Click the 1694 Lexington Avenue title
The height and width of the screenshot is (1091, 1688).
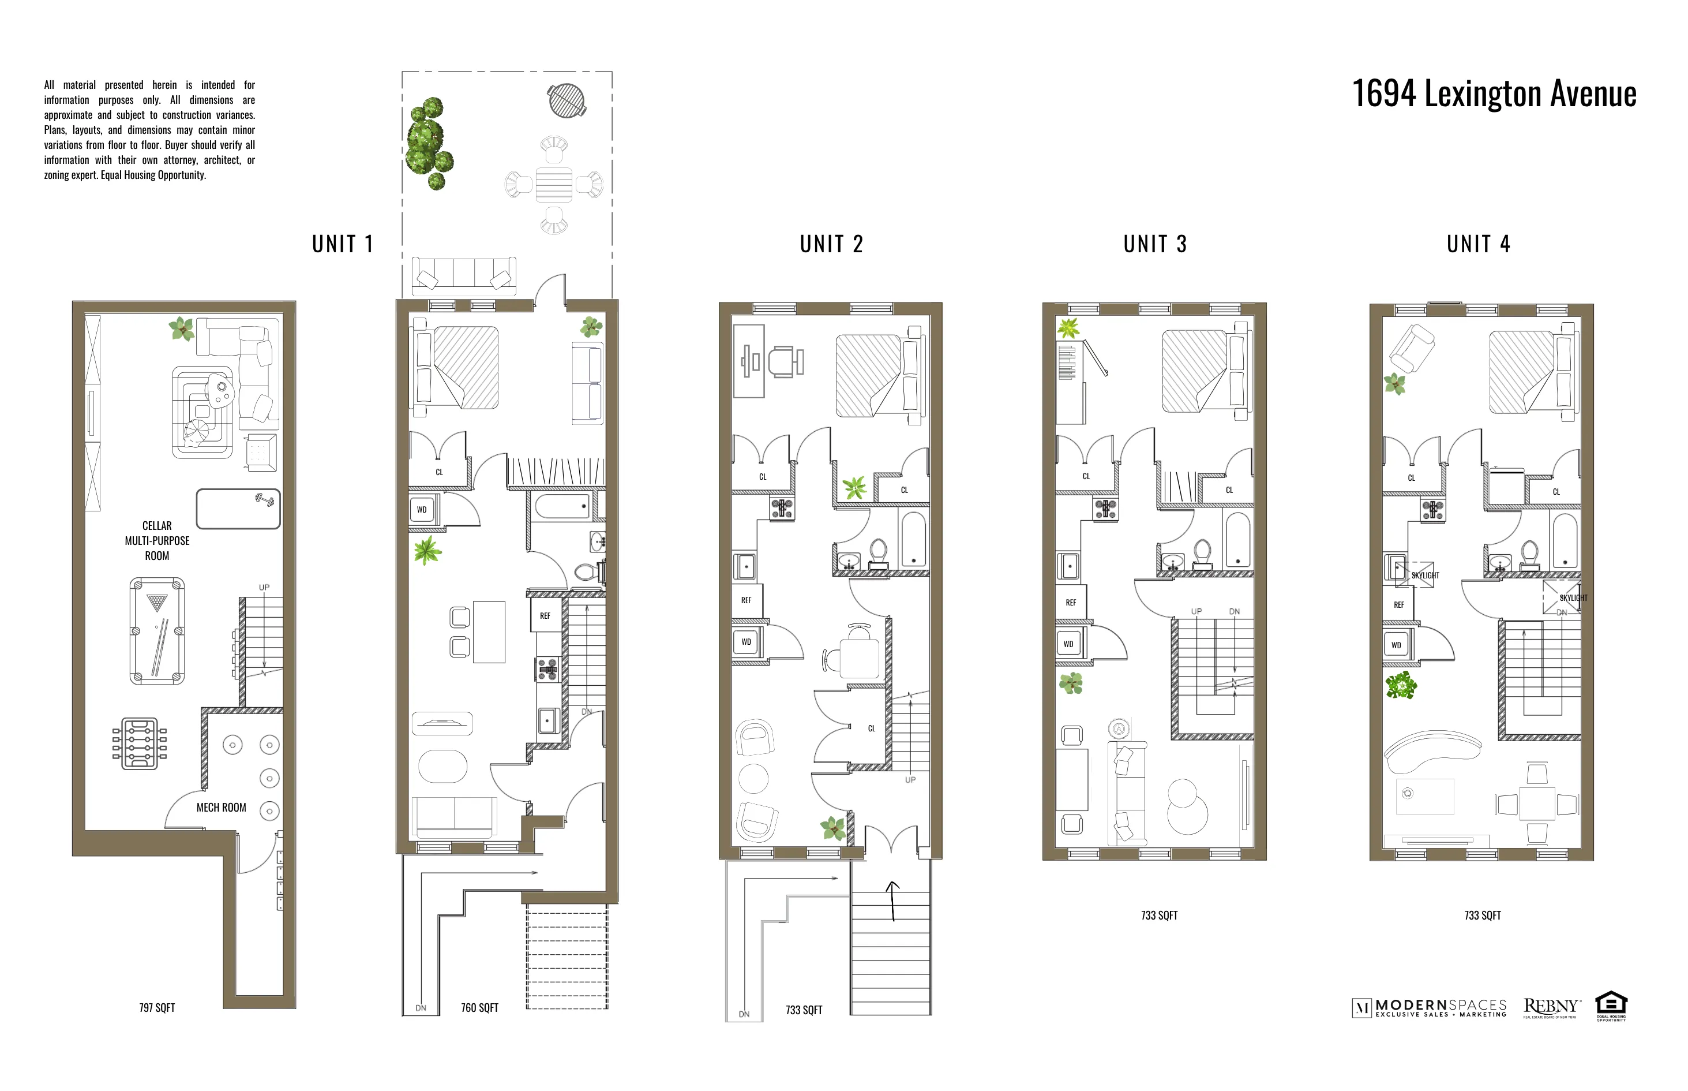(x=1494, y=94)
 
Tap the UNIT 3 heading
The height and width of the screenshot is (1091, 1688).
(x=1155, y=244)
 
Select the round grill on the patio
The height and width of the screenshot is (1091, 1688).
(x=567, y=100)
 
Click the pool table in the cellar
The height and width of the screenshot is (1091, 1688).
(x=157, y=630)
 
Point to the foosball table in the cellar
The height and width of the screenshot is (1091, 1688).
(x=140, y=743)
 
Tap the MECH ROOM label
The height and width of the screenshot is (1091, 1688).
(x=221, y=808)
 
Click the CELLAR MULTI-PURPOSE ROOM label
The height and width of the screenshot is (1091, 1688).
(x=157, y=540)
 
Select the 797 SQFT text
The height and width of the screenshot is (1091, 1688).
(x=157, y=1007)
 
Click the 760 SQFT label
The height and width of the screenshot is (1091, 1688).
(x=479, y=1007)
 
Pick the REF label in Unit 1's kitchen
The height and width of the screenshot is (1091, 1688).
(x=545, y=615)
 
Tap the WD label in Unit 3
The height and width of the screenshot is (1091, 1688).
(x=1068, y=644)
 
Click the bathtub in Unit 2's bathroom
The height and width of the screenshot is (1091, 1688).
(x=913, y=539)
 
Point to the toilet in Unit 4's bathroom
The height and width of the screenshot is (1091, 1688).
(x=1529, y=554)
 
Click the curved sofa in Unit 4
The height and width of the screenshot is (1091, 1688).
(x=1430, y=751)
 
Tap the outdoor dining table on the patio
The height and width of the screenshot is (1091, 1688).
(x=554, y=185)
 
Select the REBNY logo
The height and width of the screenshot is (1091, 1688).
(x=1551, y=1007)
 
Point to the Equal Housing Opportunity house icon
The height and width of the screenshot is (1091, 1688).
(x=1611, y=1004)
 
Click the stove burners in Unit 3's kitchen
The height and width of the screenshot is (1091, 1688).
(x=1105, y=508)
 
